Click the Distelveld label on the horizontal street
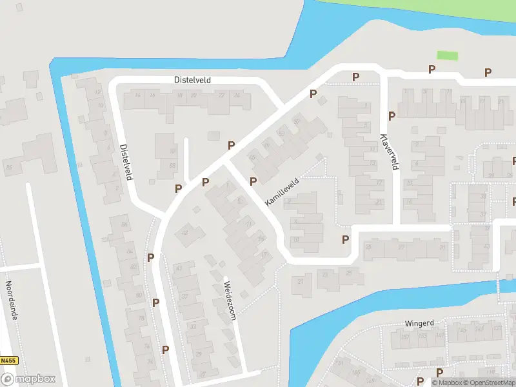coord(192,80)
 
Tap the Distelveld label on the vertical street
coord(126,161)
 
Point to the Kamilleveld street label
coord(282,192)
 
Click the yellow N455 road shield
coord(8,361)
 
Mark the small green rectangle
coord(447,55)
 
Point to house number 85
coord(8,168)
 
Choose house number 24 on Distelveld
coord(237,95)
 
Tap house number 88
coord(172,166)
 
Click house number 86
coord(124,224)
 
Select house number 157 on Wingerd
coord(404,336)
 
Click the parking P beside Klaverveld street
coord(392,116)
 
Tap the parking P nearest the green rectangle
coord(432,69)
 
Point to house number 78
coord(142,318)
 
